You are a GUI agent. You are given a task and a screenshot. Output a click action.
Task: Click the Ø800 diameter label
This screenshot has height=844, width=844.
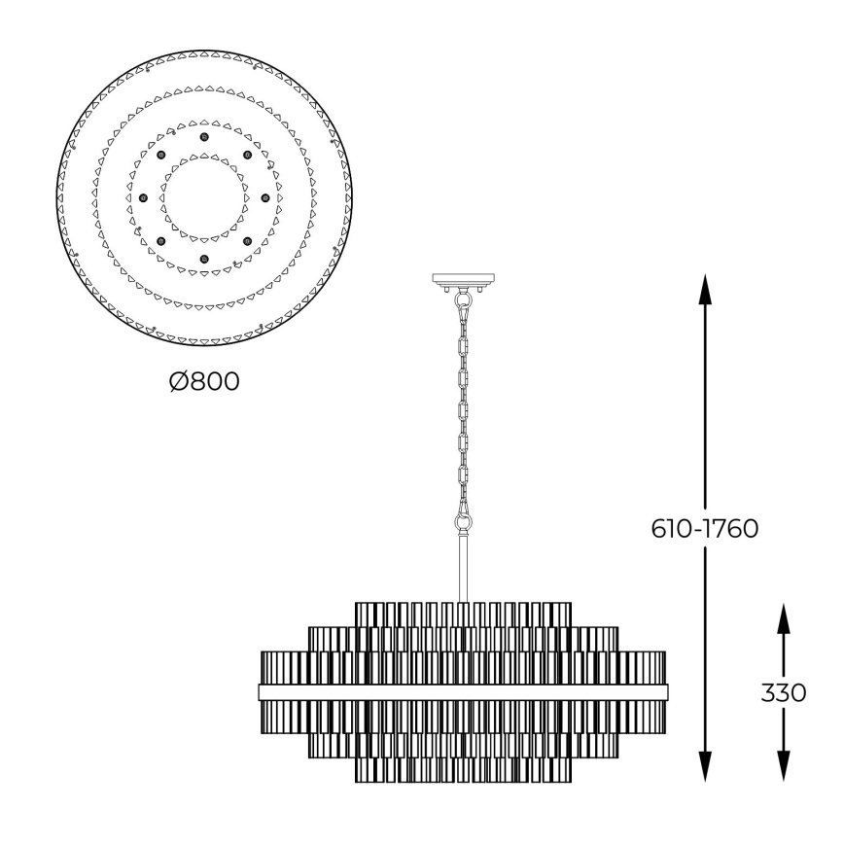point(204,381)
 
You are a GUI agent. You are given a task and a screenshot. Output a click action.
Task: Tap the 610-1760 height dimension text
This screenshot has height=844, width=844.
point(705,529)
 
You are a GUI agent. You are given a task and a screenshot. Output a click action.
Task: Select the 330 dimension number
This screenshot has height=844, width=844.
point(785,692)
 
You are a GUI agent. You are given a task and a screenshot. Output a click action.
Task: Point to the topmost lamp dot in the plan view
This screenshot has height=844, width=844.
point(204,138)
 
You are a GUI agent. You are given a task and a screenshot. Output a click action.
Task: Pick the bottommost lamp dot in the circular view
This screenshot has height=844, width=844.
point(204,259)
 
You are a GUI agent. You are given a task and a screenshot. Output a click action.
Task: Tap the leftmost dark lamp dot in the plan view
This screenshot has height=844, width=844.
point(143,198)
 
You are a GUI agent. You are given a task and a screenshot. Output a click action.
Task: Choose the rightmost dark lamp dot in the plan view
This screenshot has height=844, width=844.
point(264,198)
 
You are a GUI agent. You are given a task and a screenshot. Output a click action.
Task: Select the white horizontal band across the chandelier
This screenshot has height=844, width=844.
point(464,692)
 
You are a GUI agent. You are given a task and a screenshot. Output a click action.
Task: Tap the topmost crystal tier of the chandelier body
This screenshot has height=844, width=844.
point(464,615)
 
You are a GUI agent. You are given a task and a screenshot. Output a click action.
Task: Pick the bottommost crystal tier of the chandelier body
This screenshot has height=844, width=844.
point(464,771)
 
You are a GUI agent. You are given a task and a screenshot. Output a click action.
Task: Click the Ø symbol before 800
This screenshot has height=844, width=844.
point(177,381)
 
